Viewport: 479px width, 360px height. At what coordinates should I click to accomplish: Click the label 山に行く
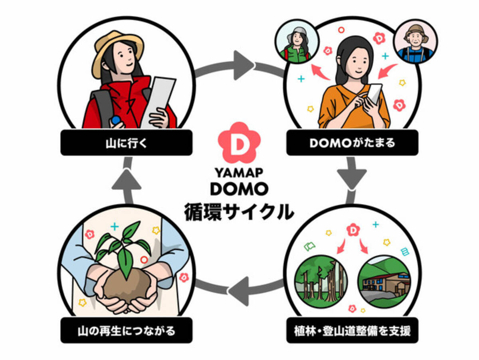pyautogui.click(x=126, y=143)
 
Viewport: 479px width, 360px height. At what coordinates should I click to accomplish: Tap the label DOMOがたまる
pyautogui.click(x=352, y=143)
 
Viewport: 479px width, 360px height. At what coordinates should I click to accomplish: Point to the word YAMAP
pyautogui.click(x=239, y=172)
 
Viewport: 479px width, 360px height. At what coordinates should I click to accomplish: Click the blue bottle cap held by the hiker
pyautogui.click(x=116, y=120)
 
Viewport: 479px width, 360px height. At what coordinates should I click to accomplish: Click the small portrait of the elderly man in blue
pyautogui.click(x=415, y=42)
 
